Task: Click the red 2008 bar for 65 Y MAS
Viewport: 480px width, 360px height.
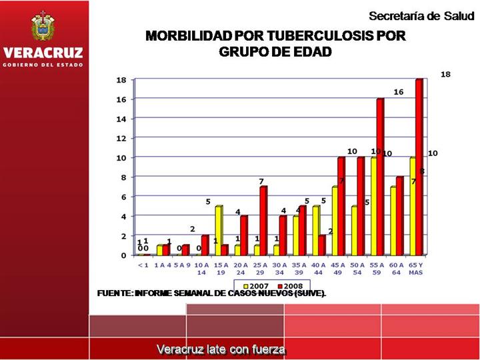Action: coord(419,167)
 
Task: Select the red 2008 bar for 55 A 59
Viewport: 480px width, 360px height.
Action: coord(381,177)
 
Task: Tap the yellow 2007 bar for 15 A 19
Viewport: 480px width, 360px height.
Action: coord(218,230)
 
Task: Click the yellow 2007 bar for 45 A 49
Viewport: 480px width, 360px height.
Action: coord(335,221)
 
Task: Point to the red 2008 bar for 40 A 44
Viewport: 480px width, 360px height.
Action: coord(322,245)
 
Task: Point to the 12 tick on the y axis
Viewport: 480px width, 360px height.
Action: coord(122,138)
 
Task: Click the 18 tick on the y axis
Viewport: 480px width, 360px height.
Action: coord(122,80)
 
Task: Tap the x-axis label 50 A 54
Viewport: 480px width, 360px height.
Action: coord(357,269)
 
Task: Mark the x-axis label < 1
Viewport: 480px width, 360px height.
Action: coord(143,265)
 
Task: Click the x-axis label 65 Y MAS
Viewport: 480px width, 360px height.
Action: coord(415,269)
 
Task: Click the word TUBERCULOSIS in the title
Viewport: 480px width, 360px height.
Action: coord(302,36)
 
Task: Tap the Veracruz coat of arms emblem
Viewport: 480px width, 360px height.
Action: coord(44,26)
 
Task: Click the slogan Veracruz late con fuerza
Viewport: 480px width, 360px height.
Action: coord(221,349)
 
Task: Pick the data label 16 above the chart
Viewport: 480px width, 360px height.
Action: coord(398,92)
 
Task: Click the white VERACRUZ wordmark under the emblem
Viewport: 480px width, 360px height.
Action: coord(43,53)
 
